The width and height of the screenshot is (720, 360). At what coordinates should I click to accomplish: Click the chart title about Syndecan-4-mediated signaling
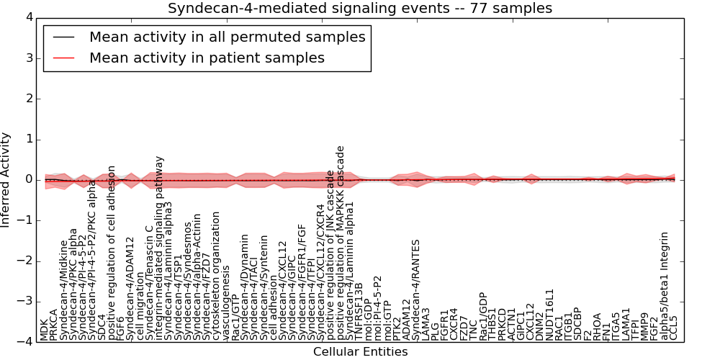pos(360,9)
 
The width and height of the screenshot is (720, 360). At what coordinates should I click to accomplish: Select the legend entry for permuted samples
pos(227,37)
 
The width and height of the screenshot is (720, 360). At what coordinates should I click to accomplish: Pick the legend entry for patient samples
pos(207,58)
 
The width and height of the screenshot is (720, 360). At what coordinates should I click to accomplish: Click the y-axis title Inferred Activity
pos(6,180)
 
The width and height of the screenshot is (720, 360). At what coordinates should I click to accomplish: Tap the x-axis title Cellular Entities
pos(360,352)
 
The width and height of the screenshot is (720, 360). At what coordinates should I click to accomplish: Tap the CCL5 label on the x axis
pos(674,328)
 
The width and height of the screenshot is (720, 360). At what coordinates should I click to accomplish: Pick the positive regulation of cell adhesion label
pos(112,252)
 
